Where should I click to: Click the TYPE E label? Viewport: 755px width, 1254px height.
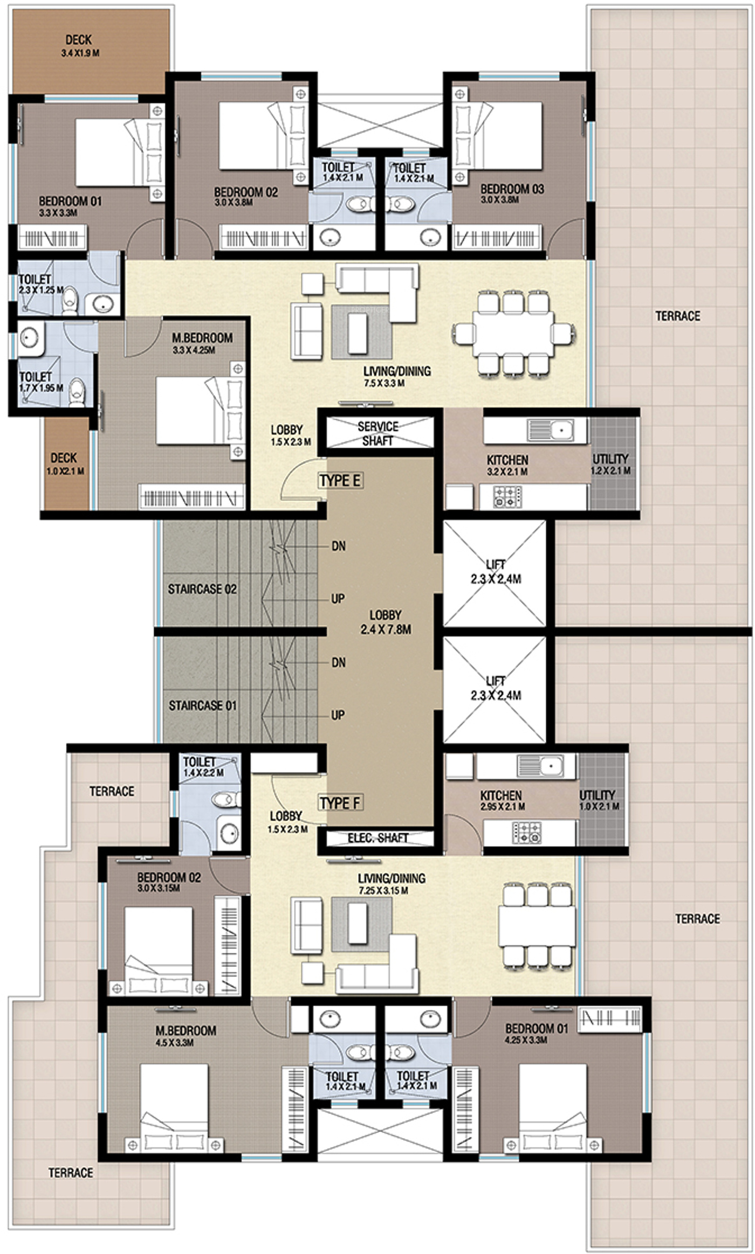pos(340,480)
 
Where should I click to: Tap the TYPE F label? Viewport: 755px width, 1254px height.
pos(340,802)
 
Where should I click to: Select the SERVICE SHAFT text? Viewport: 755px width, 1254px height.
pos(378,433)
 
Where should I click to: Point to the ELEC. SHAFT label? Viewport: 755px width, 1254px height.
pos(377,837)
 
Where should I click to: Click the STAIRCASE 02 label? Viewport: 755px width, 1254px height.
pos(202,589)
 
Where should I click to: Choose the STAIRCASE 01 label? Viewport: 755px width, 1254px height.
pos(203,705)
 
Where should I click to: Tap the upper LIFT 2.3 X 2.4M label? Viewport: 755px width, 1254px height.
pos(496,572)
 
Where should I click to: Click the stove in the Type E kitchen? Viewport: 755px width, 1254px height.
pos(508,497)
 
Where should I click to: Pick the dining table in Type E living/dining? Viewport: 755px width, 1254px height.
pos(513,332)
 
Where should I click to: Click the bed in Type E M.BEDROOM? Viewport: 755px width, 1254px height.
pos(201,411)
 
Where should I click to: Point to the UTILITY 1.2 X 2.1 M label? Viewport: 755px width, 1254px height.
pos(611,464)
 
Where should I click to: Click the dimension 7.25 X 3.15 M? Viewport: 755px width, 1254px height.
pos(383,891)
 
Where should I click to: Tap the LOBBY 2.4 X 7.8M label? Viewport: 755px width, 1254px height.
pos(386,622)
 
